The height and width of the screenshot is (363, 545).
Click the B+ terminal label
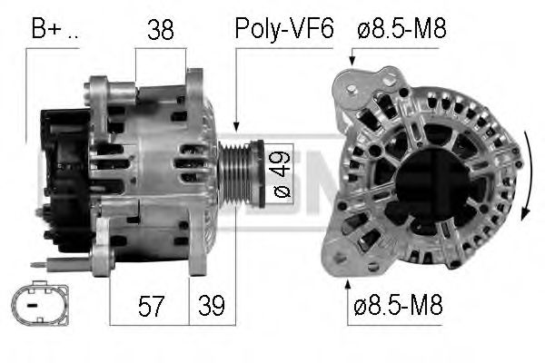click(x=54, y=29)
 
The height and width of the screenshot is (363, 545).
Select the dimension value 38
click(x=162, y=30)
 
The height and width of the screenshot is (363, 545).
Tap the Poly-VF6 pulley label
click(x=284, y=29)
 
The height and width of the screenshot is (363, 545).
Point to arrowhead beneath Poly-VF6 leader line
click(x=235, y=126)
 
